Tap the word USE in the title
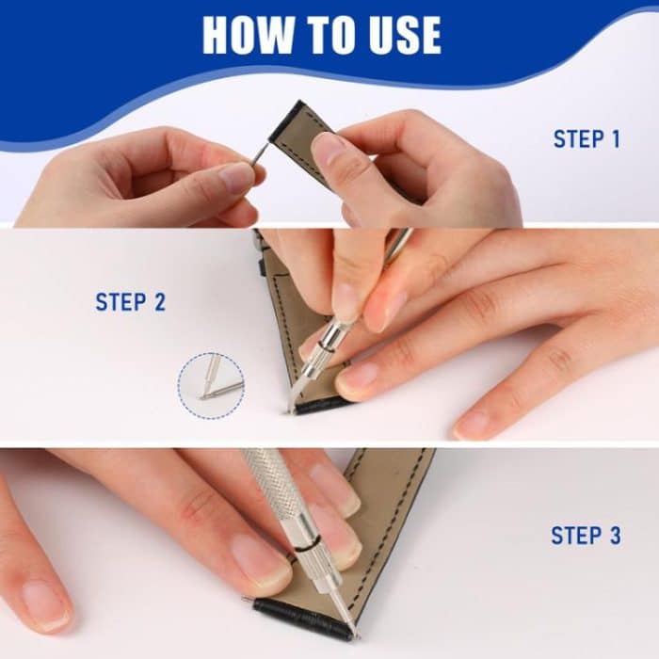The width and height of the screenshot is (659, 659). [400, 35]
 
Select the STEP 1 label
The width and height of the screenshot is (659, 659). [586, 139]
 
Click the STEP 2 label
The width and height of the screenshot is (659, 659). [130, 302]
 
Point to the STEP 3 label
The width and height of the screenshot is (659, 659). [586, 536]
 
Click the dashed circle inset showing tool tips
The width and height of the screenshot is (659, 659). [210, 385]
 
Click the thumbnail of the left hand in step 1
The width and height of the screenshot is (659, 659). [235, 177]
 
